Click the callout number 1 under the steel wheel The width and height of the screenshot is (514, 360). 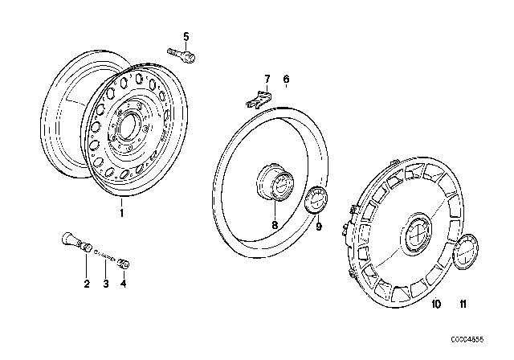point(122,215)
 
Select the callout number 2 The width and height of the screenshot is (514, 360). point(86,282)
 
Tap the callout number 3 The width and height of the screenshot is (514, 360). point(105,282)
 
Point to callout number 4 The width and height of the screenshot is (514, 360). point(124,282)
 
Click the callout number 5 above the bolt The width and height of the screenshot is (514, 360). point(186,36)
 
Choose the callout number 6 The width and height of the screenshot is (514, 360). point(285,79)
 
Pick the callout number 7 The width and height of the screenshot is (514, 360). point(268,79)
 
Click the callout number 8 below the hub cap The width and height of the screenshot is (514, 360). point(275,226)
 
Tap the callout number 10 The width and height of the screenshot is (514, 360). point(436,305)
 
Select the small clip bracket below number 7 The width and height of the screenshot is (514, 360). point(254,100)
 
